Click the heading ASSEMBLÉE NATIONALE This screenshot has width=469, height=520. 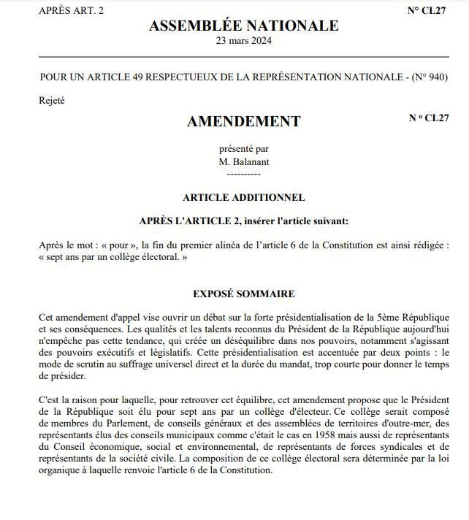click(243, 26)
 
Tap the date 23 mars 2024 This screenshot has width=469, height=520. click(243, 42)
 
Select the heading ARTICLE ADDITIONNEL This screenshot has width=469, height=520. click(243, 197)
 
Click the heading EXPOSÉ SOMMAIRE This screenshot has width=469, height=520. click(243, 294)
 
